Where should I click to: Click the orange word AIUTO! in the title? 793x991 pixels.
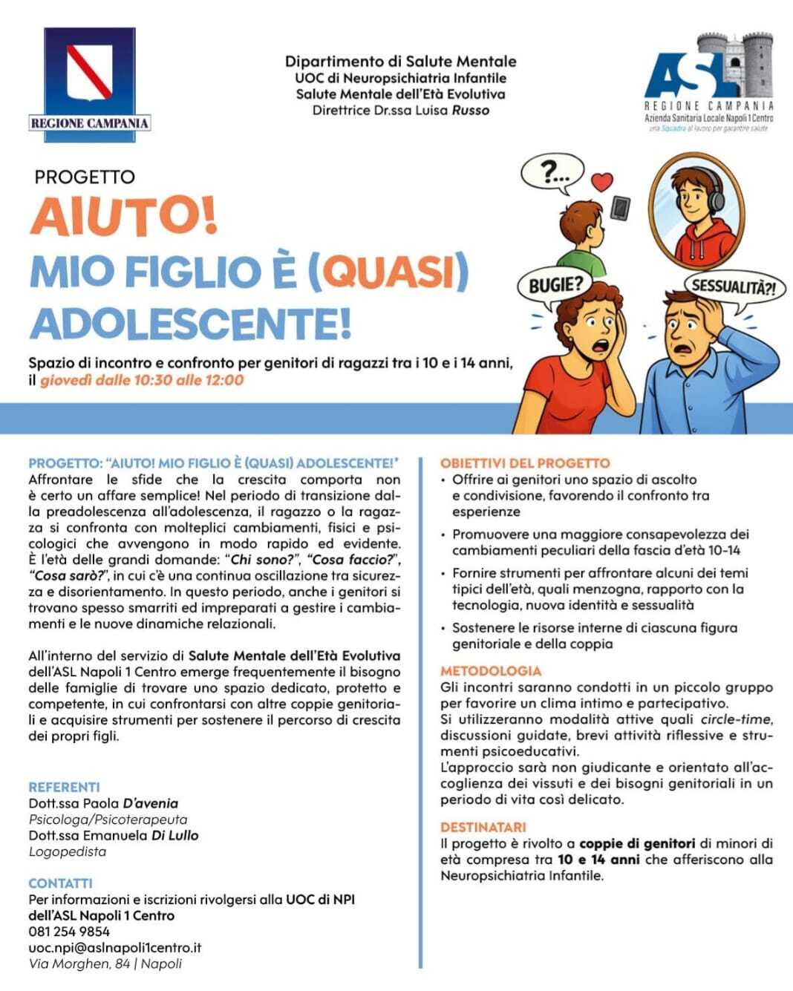coord(123,216)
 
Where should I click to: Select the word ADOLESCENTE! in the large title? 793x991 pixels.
coord(190,324)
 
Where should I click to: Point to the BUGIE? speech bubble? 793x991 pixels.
coord(555,284)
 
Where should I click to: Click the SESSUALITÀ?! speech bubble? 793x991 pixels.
coord(733,287)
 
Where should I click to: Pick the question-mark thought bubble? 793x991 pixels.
coord(552,174)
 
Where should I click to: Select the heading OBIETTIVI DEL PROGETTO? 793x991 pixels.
coord(525,463)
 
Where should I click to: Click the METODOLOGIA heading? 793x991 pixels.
coord(491,671)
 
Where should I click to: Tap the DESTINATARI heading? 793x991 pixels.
coord(483,827)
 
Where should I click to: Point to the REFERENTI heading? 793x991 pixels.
coord(64,787)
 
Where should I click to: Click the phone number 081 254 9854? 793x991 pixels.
coord(69,932)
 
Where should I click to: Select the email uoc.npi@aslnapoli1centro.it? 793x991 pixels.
coord(115,948)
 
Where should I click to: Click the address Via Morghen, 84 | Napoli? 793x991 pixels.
coord(105,964)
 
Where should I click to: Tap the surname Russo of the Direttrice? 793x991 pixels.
coord(471,111)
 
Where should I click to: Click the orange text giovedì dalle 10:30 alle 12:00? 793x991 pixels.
coord(142,380)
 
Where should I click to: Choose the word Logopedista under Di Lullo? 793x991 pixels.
coord(68,851)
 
